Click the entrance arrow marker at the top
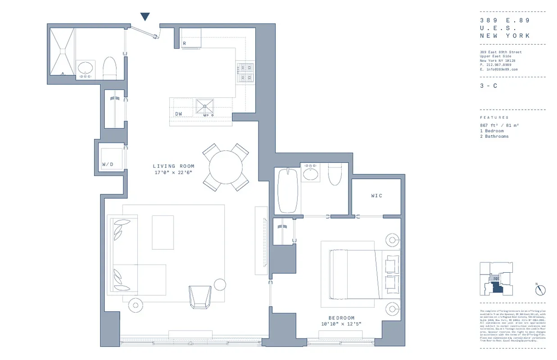pyautogui.click(x=145, y=17)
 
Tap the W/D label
pyautogui.click(x=108, y=164)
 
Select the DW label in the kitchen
pyautogui.click(x=179, y=114)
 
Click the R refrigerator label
pyautogui.click(x=184, y=44)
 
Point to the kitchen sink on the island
pyautogui.click(x=205, y=107)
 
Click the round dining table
pyautogui.click(x=226, y=167)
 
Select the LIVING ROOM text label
pyautogui.click(x=173, y=166)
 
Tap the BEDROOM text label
pyautogui.click(x=341, y=318)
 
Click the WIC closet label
pyautogui.click(x=376, y=196)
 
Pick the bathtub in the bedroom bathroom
pyautogui.click(x=287, y=190)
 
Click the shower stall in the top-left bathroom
pyautogui.click(x=62, y=52)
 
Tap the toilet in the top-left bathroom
pyautogui.click(x=110, y=68)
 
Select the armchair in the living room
pyautogui.click(x=200, y=297)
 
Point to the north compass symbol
pyautogui.click(x=540, y=290)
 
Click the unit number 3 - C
pyautogui.click(x=488, y=86)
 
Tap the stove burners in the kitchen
pyautogui.click(x=245, y=73)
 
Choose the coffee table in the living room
pyautogui.click(x=163, y=232)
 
